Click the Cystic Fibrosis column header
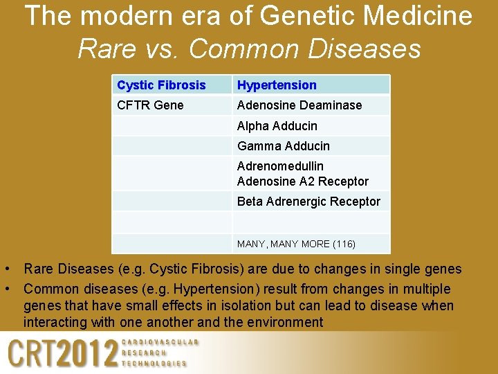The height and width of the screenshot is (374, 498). click(161, 85)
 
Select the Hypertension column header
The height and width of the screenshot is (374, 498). click(277, 85)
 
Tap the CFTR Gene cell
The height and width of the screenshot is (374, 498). click(150, 105)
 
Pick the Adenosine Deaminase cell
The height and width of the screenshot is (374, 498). click(299, 105)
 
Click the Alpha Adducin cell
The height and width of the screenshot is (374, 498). click(277, 126)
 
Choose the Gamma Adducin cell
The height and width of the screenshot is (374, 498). click(283, 146)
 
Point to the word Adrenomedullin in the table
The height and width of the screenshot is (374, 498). click(280, 166)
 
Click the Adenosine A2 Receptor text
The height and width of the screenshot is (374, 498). click(303, 181)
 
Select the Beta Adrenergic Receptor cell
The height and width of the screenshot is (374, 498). click(308, 202)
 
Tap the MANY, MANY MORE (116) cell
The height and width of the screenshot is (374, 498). click(296, 244)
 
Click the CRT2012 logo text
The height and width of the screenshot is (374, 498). click(62, 354)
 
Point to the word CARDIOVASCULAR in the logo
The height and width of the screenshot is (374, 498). click(160, 343)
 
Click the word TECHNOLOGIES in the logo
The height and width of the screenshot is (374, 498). click(154, 363)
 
